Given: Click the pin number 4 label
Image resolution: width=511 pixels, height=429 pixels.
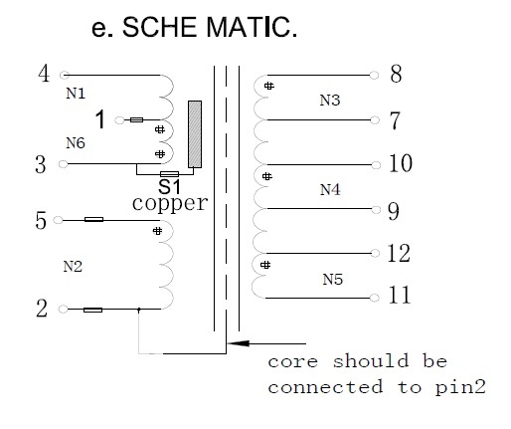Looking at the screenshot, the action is pos(44,74).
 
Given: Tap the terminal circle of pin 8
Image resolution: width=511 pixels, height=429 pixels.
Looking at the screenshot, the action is pos(374,76).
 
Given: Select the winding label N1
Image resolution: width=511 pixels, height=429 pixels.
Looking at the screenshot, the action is pos(76,94).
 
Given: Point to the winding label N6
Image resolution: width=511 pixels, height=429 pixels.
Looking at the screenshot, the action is pos(76,143).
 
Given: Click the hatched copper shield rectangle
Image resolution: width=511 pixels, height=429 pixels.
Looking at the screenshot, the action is pos(195,134).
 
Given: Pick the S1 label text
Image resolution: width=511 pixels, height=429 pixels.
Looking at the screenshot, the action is pos(169,186).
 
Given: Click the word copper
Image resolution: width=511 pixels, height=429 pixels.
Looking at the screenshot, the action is pos(170,203).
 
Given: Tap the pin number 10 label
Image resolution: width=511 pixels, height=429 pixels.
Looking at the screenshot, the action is pos(401,163).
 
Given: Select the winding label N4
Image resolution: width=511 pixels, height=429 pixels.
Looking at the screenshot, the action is pos(330,190).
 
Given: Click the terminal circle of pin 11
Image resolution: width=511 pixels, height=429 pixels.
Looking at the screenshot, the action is pos(374,298).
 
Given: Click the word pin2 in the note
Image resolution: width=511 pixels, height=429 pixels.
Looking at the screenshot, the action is pos(460,387).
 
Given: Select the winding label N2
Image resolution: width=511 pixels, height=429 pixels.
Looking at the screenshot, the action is pos(73,267).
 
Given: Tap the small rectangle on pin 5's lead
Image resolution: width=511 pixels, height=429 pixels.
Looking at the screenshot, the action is pos(93,219).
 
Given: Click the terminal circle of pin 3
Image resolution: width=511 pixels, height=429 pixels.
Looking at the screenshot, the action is pos(63,164).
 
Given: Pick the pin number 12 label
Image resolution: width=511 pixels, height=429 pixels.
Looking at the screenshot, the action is pos(399,254).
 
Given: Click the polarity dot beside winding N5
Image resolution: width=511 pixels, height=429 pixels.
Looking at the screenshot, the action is pos(265,265).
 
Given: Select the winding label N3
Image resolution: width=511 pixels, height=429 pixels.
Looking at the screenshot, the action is pos(330,101).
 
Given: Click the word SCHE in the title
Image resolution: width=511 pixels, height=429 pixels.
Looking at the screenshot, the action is pos(159,27).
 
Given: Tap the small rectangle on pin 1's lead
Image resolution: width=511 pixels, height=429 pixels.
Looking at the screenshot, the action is pos(136,119).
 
